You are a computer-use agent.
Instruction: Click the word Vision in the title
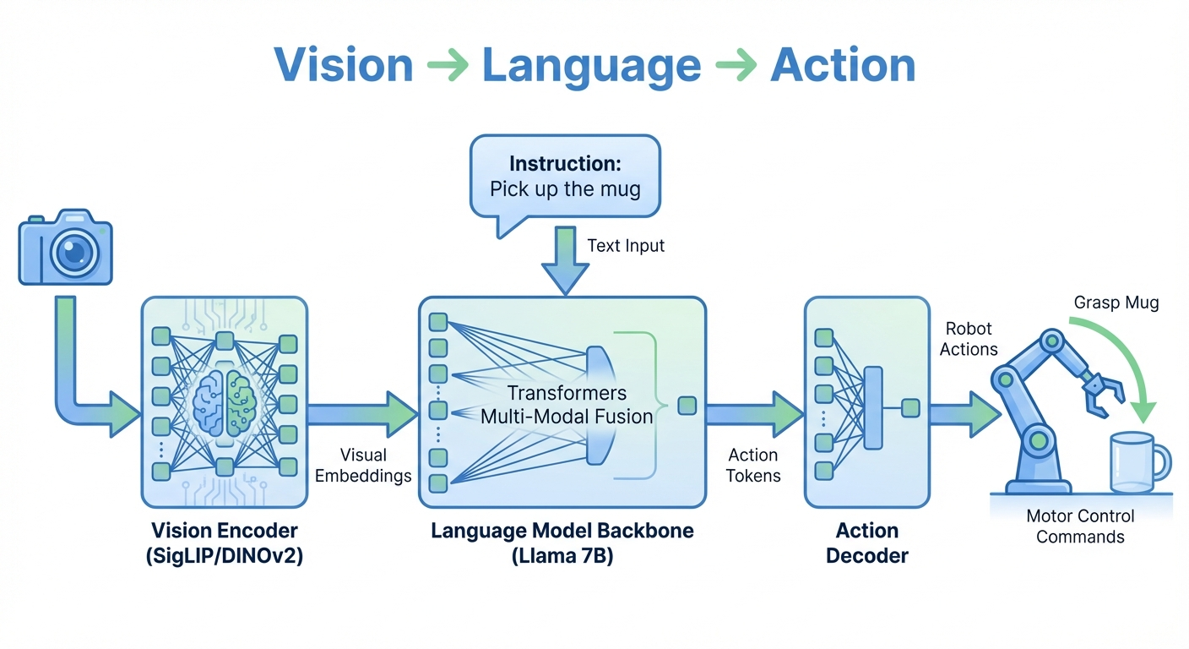tap(343, 65)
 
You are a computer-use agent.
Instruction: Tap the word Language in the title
tap(591, 65)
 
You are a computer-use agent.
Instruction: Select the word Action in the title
tap(843, 65)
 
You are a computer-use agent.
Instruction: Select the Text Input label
tap(626, 246)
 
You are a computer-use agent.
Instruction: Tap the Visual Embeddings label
tap(363, 465)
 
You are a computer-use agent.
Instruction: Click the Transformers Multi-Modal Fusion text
tap(567, 404)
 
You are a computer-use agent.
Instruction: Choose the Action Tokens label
tap(753, 465)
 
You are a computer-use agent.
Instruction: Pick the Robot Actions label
tap(969, 338)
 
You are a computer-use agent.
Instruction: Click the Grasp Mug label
tap(1116, 303)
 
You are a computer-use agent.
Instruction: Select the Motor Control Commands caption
tap(1080, 526)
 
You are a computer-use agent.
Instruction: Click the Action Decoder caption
tap(866, 543)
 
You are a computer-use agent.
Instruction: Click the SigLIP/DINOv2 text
tap(224, 556)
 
